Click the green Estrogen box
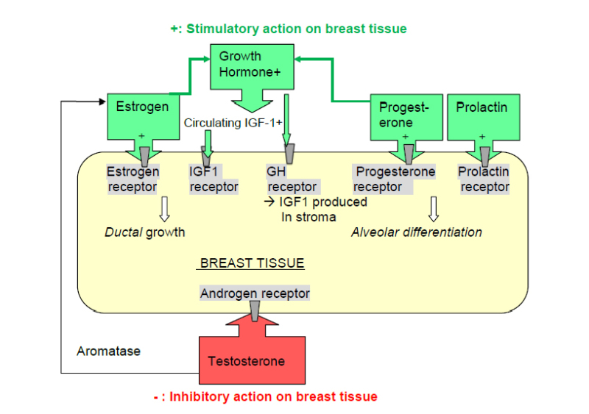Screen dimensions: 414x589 tap(142, 110)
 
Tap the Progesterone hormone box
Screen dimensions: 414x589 tap(404, 116)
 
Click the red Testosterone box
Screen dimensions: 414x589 tap(246, 360)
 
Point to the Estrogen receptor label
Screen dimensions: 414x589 tap(133, 179)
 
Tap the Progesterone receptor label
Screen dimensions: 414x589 tap(395, 179)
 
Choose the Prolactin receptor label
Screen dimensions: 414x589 tap(484, 179)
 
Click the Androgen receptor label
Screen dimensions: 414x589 tap(255, 293)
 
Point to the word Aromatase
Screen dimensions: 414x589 tap(108, 351)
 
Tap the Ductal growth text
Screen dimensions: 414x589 tap(145, 232)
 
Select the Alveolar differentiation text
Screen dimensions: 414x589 tap(417, 232)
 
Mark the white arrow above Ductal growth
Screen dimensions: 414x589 tap(164, 209)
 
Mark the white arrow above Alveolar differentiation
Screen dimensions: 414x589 tap(434, 209)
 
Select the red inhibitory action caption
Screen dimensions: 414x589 tap(265, 396)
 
